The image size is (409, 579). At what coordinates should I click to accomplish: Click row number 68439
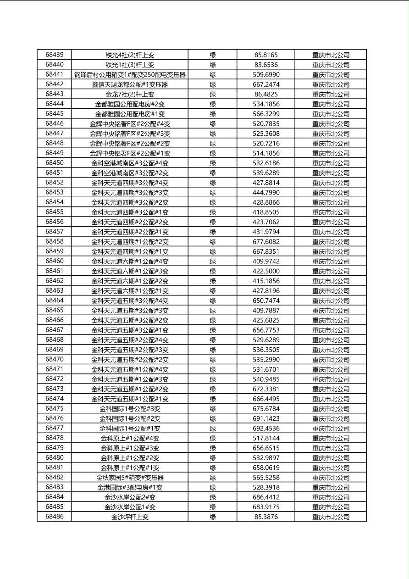[55, 55]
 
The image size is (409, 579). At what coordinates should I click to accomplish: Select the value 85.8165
[266, 55]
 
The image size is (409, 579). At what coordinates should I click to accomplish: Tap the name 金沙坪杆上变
[130, 517]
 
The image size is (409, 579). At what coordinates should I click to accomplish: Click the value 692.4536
[266, 429]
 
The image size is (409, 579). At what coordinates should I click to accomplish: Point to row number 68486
[55, 517]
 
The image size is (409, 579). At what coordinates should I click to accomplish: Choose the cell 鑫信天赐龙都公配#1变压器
[130, 84]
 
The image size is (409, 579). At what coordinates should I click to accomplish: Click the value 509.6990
[266, 74]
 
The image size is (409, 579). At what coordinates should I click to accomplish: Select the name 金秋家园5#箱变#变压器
[130, 478]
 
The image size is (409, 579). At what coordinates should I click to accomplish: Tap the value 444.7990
[266, 193]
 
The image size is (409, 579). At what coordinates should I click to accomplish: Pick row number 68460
[55, 261]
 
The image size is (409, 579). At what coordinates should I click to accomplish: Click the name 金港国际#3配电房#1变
[130, 487]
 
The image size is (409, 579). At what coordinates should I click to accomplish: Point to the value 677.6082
[266, 242]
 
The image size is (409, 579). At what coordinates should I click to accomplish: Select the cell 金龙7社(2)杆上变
[130, 95]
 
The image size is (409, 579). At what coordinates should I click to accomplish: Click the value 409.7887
[266, 311]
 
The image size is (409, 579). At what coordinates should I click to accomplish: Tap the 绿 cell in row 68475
[213, 409]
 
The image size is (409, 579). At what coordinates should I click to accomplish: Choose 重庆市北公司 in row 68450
[331, 163]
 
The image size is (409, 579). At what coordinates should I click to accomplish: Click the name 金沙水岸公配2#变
[130, 497]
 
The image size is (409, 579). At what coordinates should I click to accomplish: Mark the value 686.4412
[266, 497]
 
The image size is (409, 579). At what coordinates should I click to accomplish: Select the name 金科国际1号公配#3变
[130, 409]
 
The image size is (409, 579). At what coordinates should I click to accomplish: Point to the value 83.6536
[266, 65]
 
